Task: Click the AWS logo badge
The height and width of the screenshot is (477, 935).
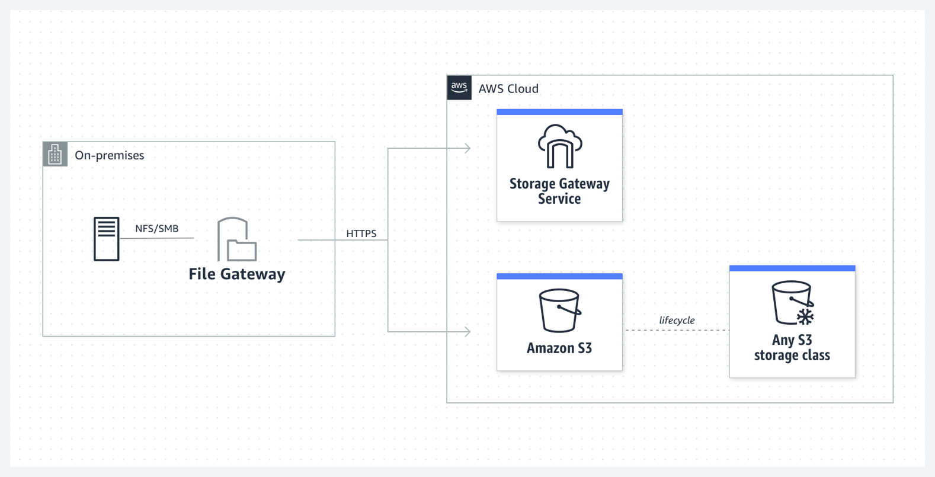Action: pos(459,88)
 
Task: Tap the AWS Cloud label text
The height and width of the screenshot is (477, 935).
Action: pos(508,89)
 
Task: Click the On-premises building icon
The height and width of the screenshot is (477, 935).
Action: pos(55,155)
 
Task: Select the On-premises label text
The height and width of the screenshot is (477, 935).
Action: pos(109,155)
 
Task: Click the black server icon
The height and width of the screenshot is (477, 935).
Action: pos(107,239)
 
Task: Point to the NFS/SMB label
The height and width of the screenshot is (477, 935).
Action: pos(156,229)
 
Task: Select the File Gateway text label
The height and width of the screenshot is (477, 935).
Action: pos(237,274)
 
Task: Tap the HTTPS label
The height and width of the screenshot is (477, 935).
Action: pos(361,233)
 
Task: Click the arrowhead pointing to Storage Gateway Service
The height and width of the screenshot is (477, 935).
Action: pos(468,148)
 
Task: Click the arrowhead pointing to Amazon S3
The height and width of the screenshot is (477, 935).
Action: pos(468,332)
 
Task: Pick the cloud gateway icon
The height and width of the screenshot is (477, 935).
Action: pos(559,146)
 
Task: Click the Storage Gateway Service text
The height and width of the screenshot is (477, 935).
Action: pos(559,191)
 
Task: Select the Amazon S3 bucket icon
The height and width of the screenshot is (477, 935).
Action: pos(559,310)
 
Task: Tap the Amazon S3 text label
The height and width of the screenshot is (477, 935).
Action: pos(559,348)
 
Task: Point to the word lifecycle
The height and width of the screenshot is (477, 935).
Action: pos(677,321)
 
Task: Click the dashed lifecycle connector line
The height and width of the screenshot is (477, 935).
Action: pos(677,331)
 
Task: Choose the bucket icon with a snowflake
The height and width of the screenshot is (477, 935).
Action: pos(792,303)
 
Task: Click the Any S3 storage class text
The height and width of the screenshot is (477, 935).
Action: pos(792,348)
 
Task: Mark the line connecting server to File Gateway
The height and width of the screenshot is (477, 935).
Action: pos(156,238)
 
